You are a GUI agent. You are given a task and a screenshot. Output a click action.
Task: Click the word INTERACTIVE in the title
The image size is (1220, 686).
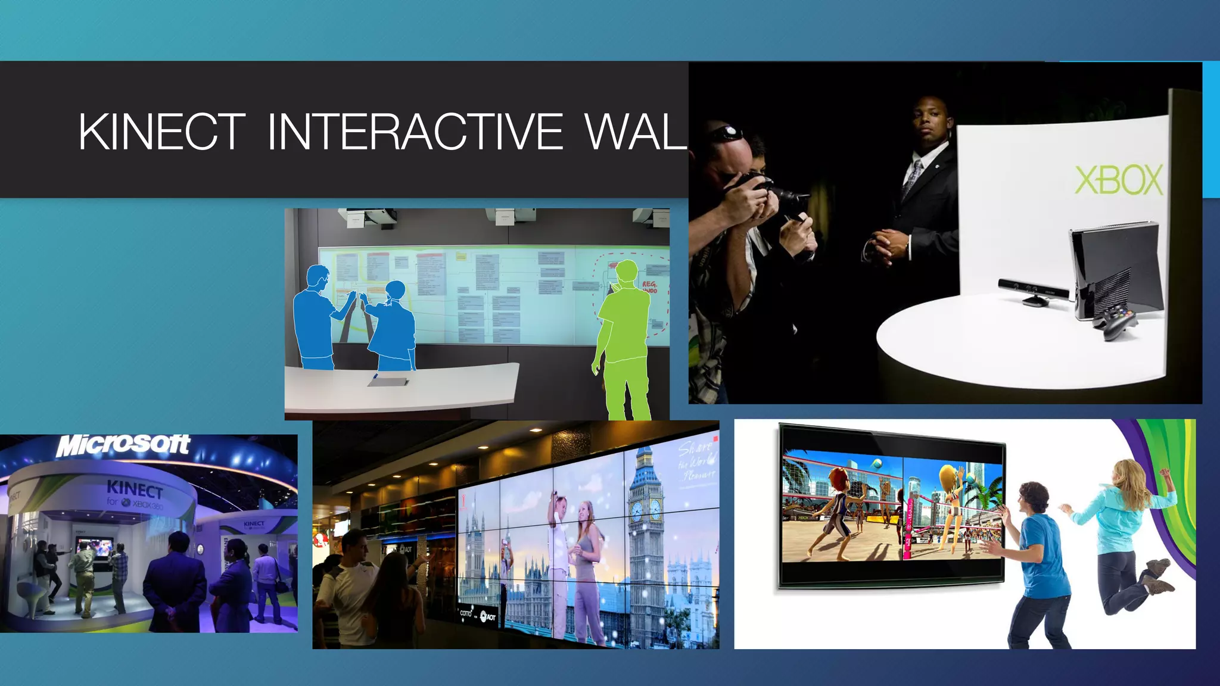coord(415,132)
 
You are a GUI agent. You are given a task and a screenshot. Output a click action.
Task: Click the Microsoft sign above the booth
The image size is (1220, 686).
coord(123,445)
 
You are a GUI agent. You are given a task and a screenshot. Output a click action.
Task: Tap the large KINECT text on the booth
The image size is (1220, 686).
coord(135,489)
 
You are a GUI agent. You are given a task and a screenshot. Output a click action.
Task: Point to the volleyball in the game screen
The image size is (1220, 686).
coord(877,463)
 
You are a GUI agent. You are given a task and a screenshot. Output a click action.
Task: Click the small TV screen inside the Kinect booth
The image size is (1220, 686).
coord(94,547)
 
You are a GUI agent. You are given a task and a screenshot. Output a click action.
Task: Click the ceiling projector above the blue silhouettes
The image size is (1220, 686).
coord(372,217)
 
